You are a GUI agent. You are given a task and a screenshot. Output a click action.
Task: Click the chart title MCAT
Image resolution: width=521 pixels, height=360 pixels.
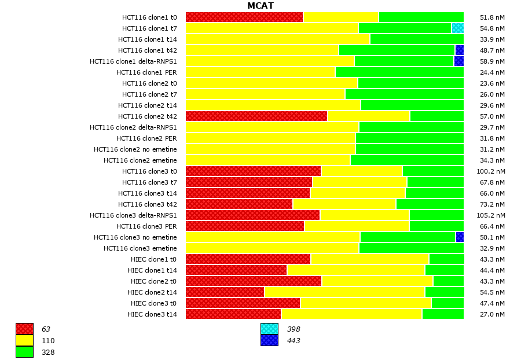click(x=260, y=6)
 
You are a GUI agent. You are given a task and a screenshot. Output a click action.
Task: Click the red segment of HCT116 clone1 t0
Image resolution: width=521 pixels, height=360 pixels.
click(x=244, y=17)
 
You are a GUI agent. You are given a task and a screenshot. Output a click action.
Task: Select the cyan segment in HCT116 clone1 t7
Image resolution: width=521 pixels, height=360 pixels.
click(x=457, y=28)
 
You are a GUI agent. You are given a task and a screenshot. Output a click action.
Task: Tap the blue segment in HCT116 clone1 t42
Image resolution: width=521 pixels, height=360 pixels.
click(x=460, y=50)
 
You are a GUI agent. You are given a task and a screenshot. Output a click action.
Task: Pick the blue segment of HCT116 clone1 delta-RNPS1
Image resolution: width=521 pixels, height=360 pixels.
click(x=459, y=61)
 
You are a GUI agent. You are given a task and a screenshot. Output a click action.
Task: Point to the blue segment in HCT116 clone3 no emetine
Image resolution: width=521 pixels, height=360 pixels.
click(x=460, y=237)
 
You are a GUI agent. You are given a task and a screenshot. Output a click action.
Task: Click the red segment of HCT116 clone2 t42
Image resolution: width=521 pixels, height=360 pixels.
click(x=256, y=116)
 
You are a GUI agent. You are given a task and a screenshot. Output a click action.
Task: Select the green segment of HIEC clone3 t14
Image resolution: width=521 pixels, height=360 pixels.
click(x=443, y=314)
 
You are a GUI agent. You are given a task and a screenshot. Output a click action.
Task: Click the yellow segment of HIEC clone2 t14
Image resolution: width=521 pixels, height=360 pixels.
click(x=344, y=292)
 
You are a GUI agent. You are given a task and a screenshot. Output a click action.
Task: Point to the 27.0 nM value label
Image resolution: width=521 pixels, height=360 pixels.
click(x=493, y=314)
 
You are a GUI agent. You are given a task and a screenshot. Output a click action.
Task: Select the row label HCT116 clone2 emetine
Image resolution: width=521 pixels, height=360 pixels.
click(x=140, y=160)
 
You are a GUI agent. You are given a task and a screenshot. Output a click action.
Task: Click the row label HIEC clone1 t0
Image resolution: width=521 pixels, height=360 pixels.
click(x=153, y=259)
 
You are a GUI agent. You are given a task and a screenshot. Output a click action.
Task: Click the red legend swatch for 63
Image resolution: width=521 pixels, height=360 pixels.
click(x=24, y=329)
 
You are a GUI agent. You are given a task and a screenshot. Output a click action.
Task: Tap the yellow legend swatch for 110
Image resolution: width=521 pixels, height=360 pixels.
click(x=24, y=341)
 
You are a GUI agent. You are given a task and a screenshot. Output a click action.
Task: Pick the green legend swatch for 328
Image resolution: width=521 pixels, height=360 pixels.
click(x=24, y=352)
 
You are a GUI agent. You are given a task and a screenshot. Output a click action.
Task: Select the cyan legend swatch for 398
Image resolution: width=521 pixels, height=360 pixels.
click(x=269, y=329)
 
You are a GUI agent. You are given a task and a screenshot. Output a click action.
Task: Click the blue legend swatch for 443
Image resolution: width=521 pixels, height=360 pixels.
click(x=269, y=341)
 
